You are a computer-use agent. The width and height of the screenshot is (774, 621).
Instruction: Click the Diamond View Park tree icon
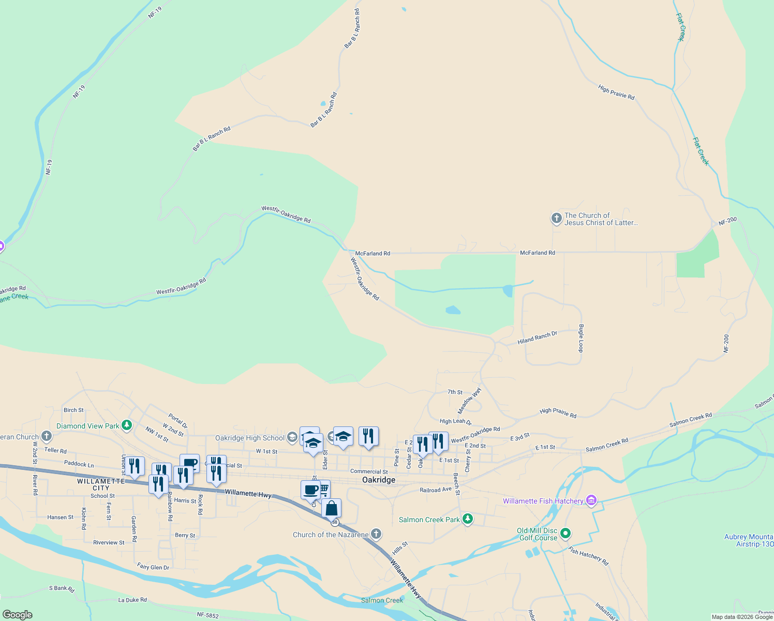point(127,426)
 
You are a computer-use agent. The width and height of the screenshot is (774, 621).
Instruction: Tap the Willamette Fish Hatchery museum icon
point(591,500)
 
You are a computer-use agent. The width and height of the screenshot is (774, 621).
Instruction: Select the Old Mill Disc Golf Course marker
point(565,533)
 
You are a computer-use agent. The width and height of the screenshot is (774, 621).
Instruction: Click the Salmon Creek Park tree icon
point(468,519)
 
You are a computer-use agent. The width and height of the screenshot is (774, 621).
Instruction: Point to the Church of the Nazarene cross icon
point(376,534)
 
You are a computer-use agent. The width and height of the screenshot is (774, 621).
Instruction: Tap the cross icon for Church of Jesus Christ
point(556,219)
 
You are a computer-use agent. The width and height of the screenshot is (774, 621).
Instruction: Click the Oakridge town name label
point(379,480)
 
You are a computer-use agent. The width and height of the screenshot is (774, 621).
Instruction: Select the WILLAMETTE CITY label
point(101,484)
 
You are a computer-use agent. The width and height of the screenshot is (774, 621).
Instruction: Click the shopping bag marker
point(332,508)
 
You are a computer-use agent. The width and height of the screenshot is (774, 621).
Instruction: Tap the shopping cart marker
point(324,487)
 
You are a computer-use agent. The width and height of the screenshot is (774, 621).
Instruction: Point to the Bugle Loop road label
point(581,338)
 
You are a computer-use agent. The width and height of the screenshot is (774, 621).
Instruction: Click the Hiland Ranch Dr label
point(537,338)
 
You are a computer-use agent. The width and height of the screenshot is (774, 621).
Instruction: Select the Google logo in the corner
point(17,615)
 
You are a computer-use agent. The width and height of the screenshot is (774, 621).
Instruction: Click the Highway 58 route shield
point(335,522)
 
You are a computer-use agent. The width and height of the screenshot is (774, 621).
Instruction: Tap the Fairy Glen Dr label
point(153,567)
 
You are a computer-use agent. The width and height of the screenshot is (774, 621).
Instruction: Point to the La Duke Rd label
point(132,600)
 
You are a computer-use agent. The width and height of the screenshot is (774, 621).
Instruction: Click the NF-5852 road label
point(207,615)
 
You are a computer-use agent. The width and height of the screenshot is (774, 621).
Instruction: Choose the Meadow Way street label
point(469,401)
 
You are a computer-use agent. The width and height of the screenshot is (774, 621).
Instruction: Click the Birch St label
point(73,410)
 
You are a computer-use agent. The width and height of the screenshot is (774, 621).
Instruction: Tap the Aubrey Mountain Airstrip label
point(748,540)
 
